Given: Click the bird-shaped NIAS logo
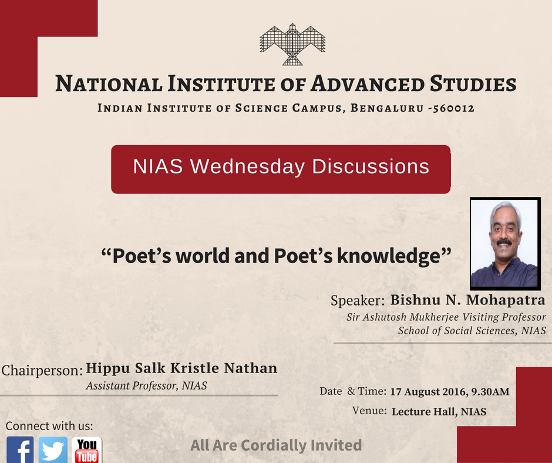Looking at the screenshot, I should click(x=292, y=44).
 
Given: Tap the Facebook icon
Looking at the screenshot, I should click(x=21, y=450).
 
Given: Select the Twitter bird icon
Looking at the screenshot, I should click(x=53, y=450).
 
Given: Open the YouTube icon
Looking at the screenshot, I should click(x=87, y=450).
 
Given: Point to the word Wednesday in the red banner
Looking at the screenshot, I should click(x=248, y=167).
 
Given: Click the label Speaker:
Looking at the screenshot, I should click(x=358, y=301).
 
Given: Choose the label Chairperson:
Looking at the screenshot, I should click(x=42, y=371).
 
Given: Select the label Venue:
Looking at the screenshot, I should click(x=369, y=411).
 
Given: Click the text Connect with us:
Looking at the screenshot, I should click(x=49, y=426).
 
